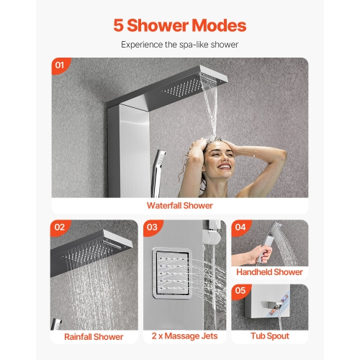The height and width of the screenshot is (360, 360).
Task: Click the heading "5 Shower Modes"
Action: point(179,26)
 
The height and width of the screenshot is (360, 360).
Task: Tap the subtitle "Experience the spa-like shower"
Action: point(179,45)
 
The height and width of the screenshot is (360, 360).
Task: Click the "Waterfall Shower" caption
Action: point(179,205)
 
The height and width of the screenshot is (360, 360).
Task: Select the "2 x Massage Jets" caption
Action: point(184,336)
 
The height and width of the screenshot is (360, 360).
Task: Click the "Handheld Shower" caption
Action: point(269,272)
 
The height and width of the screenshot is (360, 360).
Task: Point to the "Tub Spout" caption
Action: point(269,336)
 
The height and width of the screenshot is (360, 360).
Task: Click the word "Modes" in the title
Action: point(215,26)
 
